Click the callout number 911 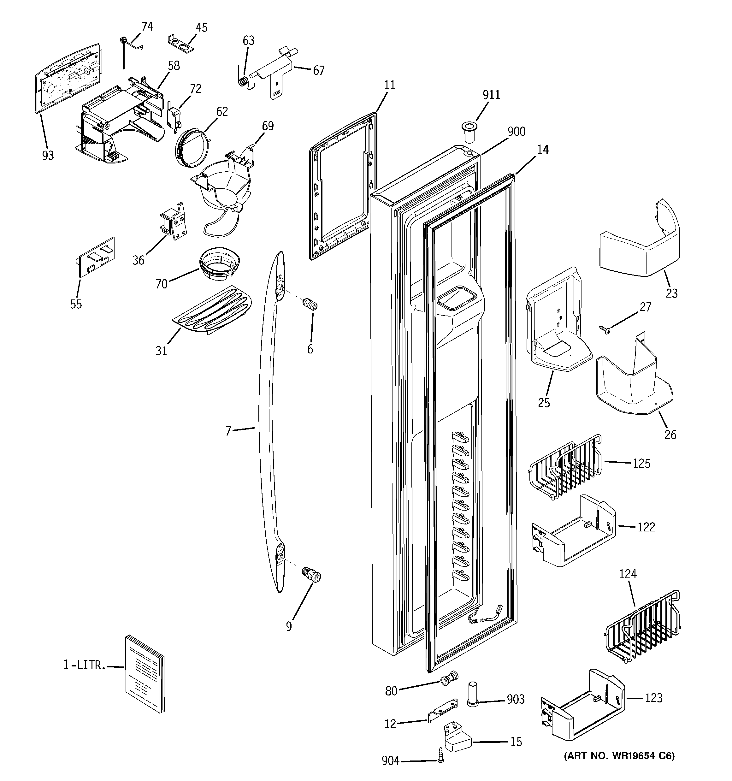(491, 95)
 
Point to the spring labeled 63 (244, 81)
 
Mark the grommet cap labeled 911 (468, 133)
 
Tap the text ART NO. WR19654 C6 (619, 755)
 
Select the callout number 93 (48, 156)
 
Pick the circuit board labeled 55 (96, 257)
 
